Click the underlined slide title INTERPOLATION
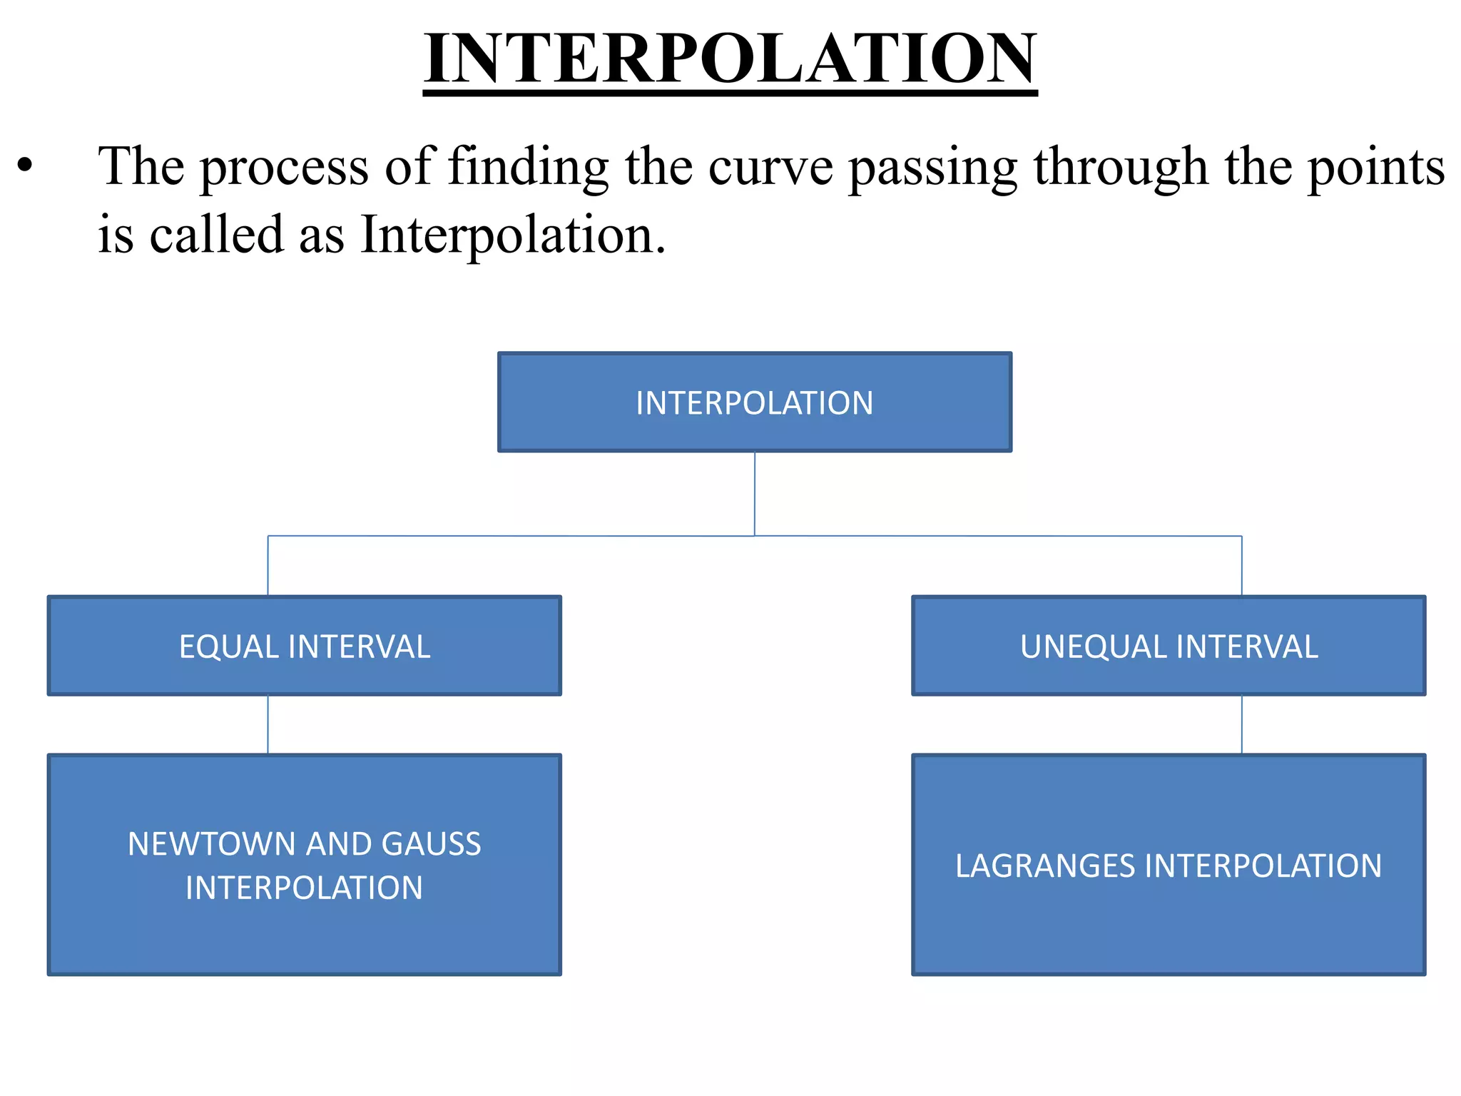coord(730,59)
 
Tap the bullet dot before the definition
coord(26,166)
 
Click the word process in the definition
coord(284,168)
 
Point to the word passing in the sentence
coord(933,168)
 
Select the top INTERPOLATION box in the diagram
coord(754,402)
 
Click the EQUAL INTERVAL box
coord(305,646)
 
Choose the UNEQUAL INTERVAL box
coord(1169,646)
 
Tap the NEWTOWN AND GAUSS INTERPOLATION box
coord(305,865)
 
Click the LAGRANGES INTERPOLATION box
coord(1169,865)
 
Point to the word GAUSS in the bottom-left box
coord(431,844)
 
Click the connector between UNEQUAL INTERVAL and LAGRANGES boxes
coord(1242,725)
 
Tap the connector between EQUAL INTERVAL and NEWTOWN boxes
coord(268,725)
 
